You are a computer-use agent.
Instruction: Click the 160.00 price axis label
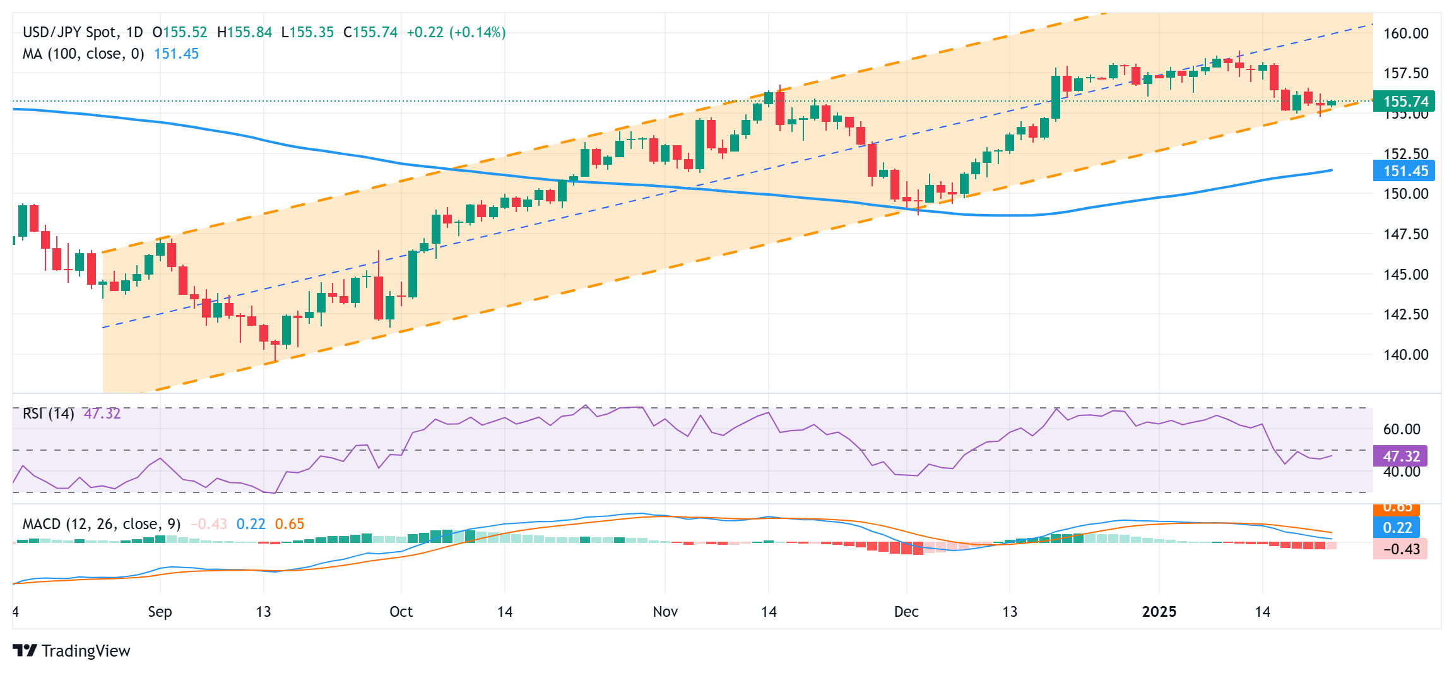tap(1405, 33)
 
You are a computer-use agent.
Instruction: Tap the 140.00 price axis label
tap(1405, 354)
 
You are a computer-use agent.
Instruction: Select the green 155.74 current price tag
tap(1405, 102)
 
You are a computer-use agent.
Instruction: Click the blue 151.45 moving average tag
tap(1405, 170)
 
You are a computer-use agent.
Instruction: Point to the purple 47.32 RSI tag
tap(1401, 456)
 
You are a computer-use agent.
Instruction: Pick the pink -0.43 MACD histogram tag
tap(1400, 549)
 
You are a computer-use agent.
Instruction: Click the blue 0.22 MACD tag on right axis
tap(1397, 527)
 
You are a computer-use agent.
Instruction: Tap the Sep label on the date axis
tap(160, 611)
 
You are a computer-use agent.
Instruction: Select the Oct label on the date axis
tap(401, 611)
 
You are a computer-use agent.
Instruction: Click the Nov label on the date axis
tap(665, 611)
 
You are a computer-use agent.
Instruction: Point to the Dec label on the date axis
tap(906, 611)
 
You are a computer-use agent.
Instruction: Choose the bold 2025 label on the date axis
tap(1159, 611)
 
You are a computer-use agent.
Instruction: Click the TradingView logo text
tap(85, 651)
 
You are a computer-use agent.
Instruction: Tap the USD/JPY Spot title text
tap(69, 32)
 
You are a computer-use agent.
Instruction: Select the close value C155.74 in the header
tap(370, 32)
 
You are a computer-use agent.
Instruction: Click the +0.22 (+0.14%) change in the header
tap(456, 32)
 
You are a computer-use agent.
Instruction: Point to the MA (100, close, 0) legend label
tap(83, 54)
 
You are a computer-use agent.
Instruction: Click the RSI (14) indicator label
tap(49, 414)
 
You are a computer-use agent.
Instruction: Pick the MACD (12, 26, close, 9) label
tap(101, 524)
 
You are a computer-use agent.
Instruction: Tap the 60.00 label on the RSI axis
tap(1401, 429)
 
